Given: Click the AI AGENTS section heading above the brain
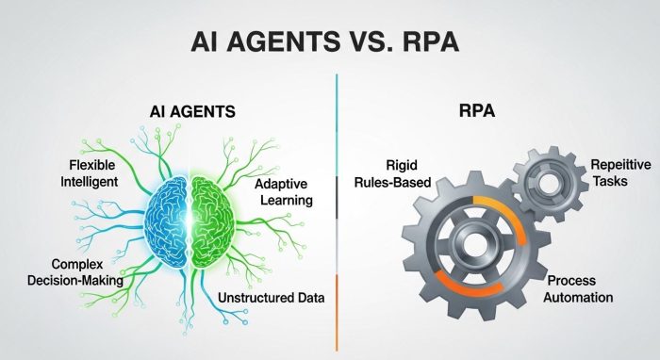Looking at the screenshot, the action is pos(192,112).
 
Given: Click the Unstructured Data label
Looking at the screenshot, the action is pos(272,298).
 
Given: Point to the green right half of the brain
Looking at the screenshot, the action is pos(221,216).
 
